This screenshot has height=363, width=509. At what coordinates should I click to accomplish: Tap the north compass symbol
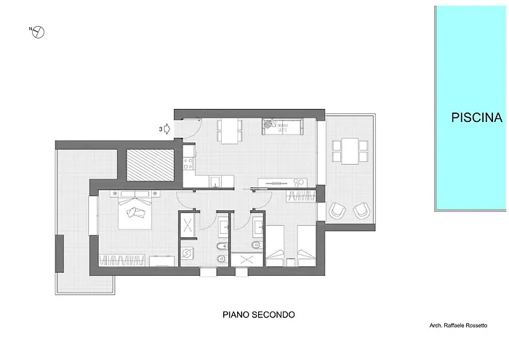(x=39, y=31)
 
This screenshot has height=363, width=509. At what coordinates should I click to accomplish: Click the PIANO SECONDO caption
(x=257, y=315)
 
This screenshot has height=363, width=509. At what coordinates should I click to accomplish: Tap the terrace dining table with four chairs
(x=350, y=150)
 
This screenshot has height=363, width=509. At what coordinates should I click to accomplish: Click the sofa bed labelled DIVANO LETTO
(x=279, y=127)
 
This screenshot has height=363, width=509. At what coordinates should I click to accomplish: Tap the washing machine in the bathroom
(x=188, y=254)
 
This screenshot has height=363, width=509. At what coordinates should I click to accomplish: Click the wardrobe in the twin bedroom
(x=300, y=195)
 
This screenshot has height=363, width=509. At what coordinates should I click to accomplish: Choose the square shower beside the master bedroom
(x=188, y=224)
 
